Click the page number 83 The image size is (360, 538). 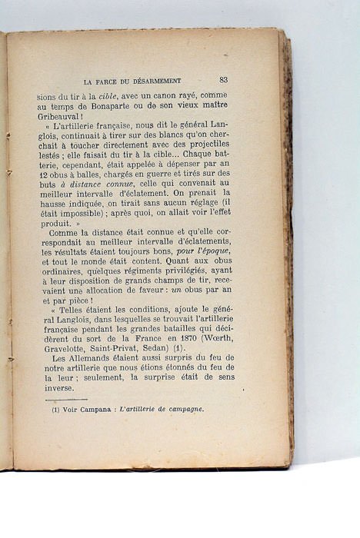[223, 79]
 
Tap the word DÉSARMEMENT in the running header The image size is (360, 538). [156, 80]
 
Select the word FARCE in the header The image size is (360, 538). [112, 80]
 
